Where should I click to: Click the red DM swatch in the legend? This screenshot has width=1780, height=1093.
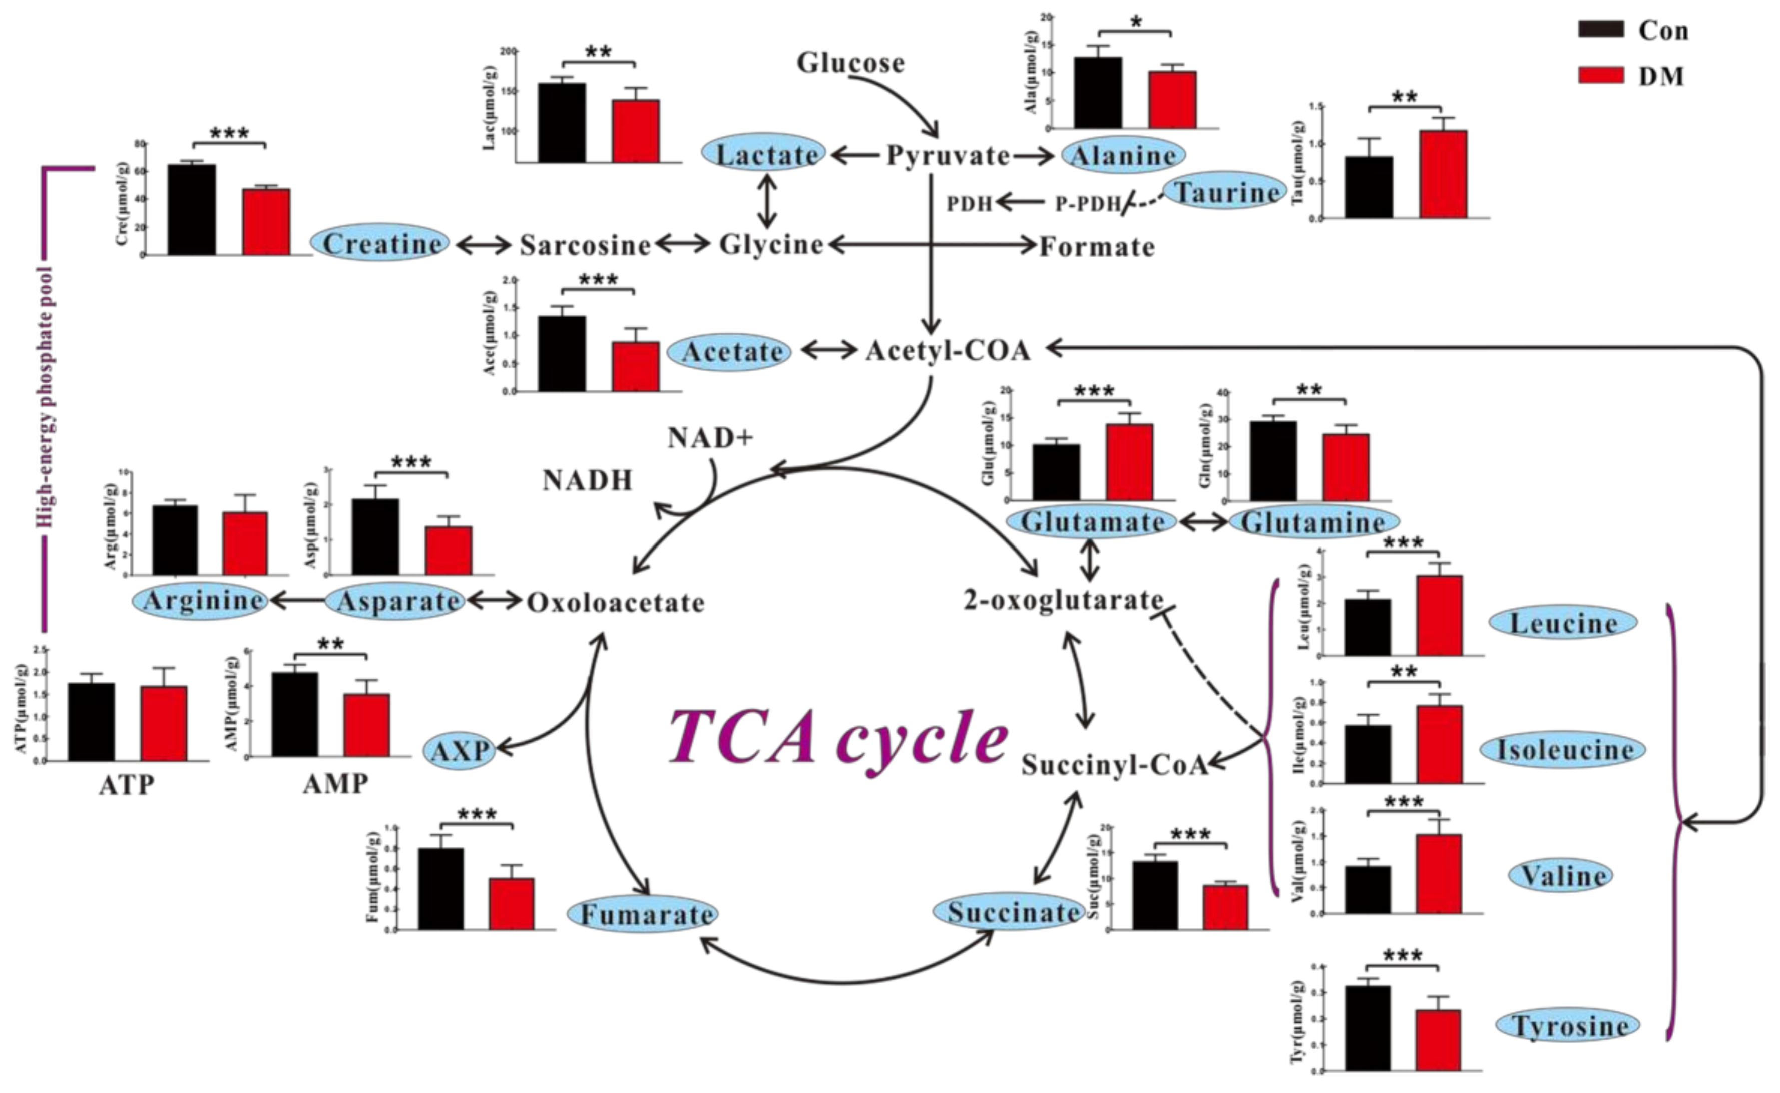pyautogui.click(x=1601, y=75)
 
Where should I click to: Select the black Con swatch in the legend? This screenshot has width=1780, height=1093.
pyautogui.click(x=1601, y=30)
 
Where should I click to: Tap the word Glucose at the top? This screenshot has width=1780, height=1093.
pyautogui.click(x=850, y=63)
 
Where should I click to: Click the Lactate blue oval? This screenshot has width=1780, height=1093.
pyautogui.click(x=765, y=155)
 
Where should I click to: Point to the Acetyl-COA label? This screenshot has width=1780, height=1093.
pyautogui.click(x=948, y=351)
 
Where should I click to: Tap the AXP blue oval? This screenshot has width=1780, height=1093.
pyautogui.click(x=460, y=750)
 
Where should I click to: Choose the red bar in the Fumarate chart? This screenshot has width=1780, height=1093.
pyautogui.click(x=511, y=904)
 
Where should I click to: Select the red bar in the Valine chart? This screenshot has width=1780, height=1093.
pyautogui.click(x=1439, y=874)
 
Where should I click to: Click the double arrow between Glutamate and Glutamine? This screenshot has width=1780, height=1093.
pyautogui.click(x=1202, y=522)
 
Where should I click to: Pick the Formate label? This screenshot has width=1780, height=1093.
pyautogui.click(x=1097, y=248)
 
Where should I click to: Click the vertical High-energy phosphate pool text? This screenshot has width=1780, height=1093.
pyautogui.click(x=45, y=397)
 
